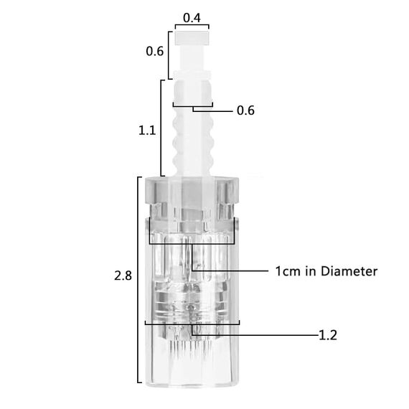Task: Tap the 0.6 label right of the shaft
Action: coord(245,111)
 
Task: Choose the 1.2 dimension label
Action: coord(328,335)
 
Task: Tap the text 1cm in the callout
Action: coord(286,271)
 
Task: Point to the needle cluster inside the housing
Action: coord(191,344)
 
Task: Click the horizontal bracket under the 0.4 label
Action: coord(192,27)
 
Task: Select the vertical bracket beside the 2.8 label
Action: coord(138,280)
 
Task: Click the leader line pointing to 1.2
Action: coord(273,335)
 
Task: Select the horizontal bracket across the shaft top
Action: coord(192,105)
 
